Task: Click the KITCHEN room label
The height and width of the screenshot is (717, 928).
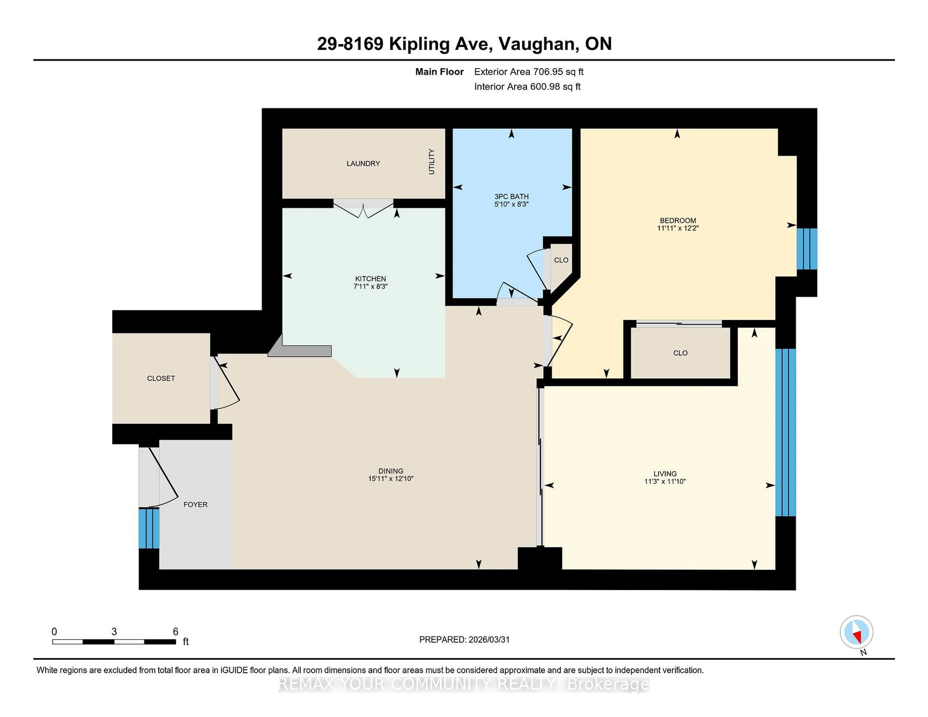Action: [x=370, y=279]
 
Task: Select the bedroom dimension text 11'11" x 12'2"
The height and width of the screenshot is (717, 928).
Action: [x=678, y=228]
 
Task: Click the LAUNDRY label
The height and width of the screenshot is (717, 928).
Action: [x=363, y=164]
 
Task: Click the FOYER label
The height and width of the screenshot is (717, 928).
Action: [x=196, y=505]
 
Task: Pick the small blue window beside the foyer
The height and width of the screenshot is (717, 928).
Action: [x=149, y=528]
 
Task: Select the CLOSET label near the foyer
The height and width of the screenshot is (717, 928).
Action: [x=161, y=379]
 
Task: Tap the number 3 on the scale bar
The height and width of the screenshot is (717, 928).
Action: [x=114, y=632]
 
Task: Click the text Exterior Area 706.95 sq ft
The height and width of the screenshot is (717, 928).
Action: [x=529, y=72]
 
